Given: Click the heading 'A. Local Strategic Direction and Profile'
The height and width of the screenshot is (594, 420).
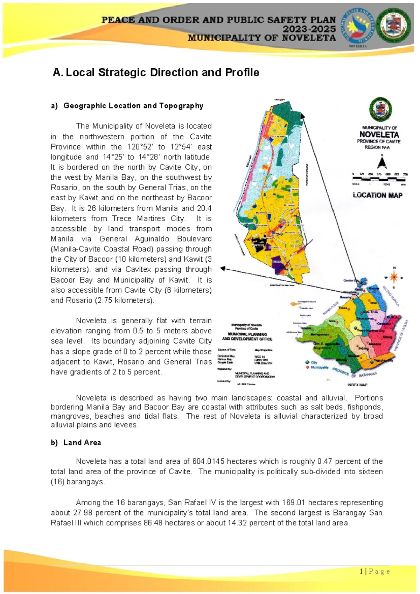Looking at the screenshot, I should pyautogui.click(x=156, y=72).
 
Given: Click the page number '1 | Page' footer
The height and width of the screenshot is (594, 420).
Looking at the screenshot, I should pyautogui.click(x=374, y=572).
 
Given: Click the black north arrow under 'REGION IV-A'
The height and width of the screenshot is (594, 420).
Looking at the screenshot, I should pyautogui.click(x=381, y=163).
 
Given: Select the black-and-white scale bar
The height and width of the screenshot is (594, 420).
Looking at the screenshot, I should pyautogui.click(x=379, y=179).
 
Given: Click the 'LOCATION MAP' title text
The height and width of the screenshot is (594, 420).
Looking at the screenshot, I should pyautogui.click(x=377, y=195).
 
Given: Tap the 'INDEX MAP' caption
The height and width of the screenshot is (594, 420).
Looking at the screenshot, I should pyautogui.click(x=357, y=385).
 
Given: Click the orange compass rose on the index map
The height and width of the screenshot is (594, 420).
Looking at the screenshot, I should pyautogui.click(x=394, y=277).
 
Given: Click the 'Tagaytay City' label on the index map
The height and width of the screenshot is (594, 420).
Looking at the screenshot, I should pyautogui.click(x=383, y=360).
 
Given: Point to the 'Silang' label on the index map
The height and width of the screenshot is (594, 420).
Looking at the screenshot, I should pyautogui.click(x=387, y=337).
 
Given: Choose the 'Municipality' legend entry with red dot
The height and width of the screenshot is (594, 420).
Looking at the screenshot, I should pyautogui.click(x=319, y=368).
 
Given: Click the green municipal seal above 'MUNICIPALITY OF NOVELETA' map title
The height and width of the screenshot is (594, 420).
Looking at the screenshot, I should pyautogui.click(x=380, y=109).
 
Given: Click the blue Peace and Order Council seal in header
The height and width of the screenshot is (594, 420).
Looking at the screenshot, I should pyautogui.click(x=357, y=26).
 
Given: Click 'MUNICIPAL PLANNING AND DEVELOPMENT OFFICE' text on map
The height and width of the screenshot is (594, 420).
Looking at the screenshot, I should pyautogui.click(x=247, y=337).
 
